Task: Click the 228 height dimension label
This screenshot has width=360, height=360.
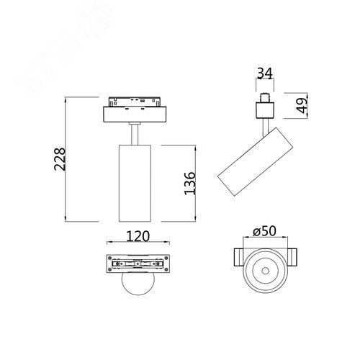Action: point(60,159)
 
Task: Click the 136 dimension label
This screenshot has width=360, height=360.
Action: point(190,183)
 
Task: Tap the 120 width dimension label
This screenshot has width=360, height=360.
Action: point(138,236)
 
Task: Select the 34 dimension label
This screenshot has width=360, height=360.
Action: point(265,73)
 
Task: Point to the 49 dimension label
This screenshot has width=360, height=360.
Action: point(302,105)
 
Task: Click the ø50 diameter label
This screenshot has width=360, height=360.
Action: point(264,231)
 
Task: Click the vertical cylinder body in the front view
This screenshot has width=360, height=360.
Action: point(135,183)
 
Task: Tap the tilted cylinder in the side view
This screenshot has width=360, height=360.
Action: point(256,161)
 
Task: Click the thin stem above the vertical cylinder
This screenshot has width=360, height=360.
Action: point(135,135)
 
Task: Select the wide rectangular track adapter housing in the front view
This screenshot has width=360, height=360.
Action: point(135,114)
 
